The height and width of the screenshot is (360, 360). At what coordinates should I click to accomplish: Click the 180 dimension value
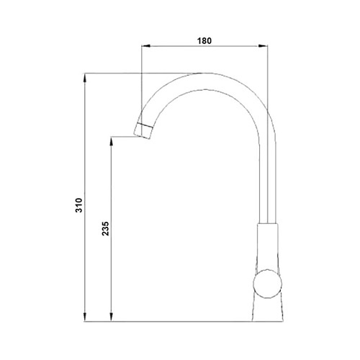(x=204, y=41)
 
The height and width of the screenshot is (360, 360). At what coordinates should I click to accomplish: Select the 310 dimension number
(x=79, y=205)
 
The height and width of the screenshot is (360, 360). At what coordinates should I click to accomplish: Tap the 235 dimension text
(x=105, y=228)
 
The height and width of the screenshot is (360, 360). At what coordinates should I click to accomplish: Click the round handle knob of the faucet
(x=268, y=284)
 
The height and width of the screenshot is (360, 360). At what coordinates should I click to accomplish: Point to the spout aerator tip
(x=143, y=130)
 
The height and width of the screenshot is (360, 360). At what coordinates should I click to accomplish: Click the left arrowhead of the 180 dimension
(x=145, y=45)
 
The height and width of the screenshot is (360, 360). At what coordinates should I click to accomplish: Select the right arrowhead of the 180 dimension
(x=264, y=45)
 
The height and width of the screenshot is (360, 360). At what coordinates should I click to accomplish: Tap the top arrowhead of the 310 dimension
(x=84, y=78)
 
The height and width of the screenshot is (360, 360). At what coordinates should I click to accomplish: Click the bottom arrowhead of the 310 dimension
(x=84, y=317)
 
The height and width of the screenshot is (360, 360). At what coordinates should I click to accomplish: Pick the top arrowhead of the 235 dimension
(x=111, y=141)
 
